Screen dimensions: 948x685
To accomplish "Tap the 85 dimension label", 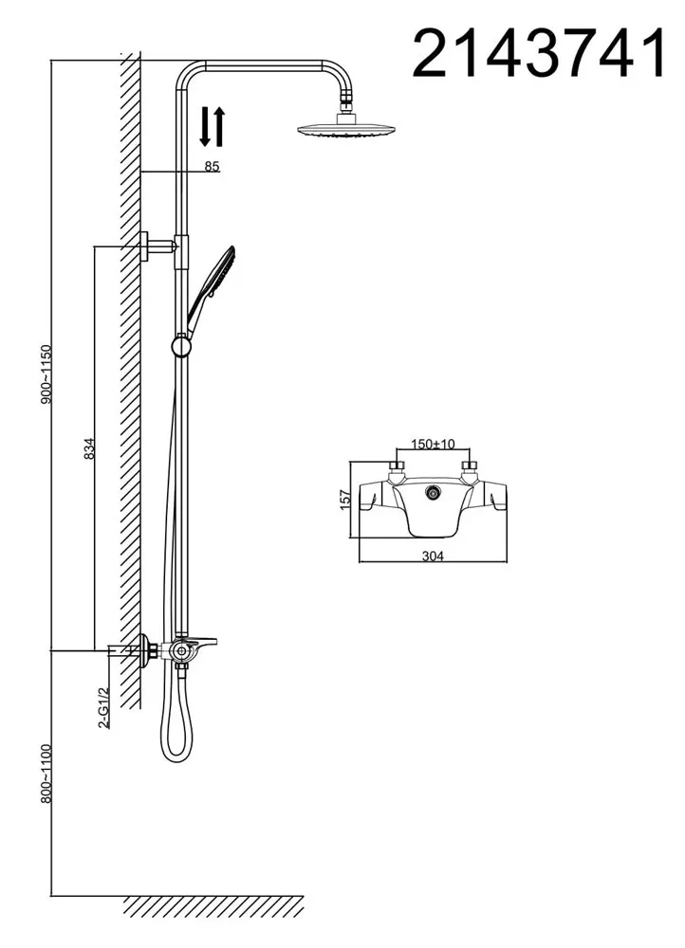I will pos(212,166).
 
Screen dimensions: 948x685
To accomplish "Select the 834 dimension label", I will pos(88,448).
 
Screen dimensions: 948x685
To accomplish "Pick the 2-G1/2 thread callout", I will pos(104,705).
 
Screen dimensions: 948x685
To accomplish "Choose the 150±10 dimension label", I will pos(433,444).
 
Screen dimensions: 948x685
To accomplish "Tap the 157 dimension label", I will pos(345,500).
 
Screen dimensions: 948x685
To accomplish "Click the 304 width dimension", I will pos(433,556).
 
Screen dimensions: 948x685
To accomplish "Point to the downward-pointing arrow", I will pos(206,127).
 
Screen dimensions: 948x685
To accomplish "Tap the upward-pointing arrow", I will pos(220,127).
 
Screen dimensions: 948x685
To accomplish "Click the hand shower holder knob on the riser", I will pos(180,346).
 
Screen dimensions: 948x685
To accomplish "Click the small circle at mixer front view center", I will pos(434,491).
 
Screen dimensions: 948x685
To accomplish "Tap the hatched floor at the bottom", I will pos(213,905).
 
